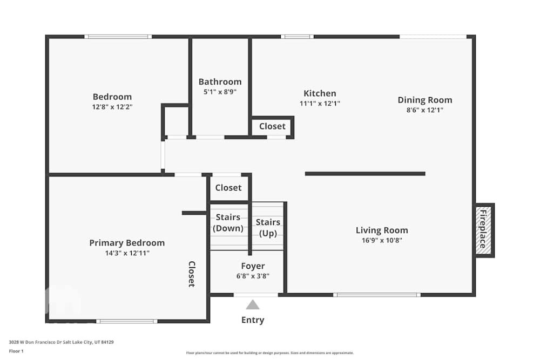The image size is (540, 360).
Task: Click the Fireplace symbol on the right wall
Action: pos(484,230)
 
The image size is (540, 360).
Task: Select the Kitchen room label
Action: pos(320,93)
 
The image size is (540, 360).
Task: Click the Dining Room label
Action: pos(425,100)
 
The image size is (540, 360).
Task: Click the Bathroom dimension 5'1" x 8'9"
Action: pos(220,92)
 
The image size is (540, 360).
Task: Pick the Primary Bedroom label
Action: pos(127,243)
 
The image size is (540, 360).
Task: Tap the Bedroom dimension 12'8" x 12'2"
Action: pos(112,107)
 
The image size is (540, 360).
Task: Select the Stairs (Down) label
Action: pos(228,222)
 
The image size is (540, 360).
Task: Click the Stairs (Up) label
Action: pos(268,227)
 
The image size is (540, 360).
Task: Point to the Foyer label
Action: pos(253,266)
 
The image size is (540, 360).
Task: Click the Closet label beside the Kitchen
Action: pos(272,126)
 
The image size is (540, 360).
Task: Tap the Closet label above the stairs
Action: pos(228,188)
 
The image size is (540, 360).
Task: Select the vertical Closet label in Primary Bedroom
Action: pos(191,274)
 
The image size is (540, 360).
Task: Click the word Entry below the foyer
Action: pos(253,320)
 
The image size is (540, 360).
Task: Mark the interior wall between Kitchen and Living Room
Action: pos(365,174)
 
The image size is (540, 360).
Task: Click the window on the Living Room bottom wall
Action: pos(377,295)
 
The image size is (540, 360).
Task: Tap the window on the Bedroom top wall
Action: pos(118,37)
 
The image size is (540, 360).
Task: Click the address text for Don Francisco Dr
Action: pos(61,342)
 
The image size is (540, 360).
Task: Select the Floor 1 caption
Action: pos(16,351)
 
